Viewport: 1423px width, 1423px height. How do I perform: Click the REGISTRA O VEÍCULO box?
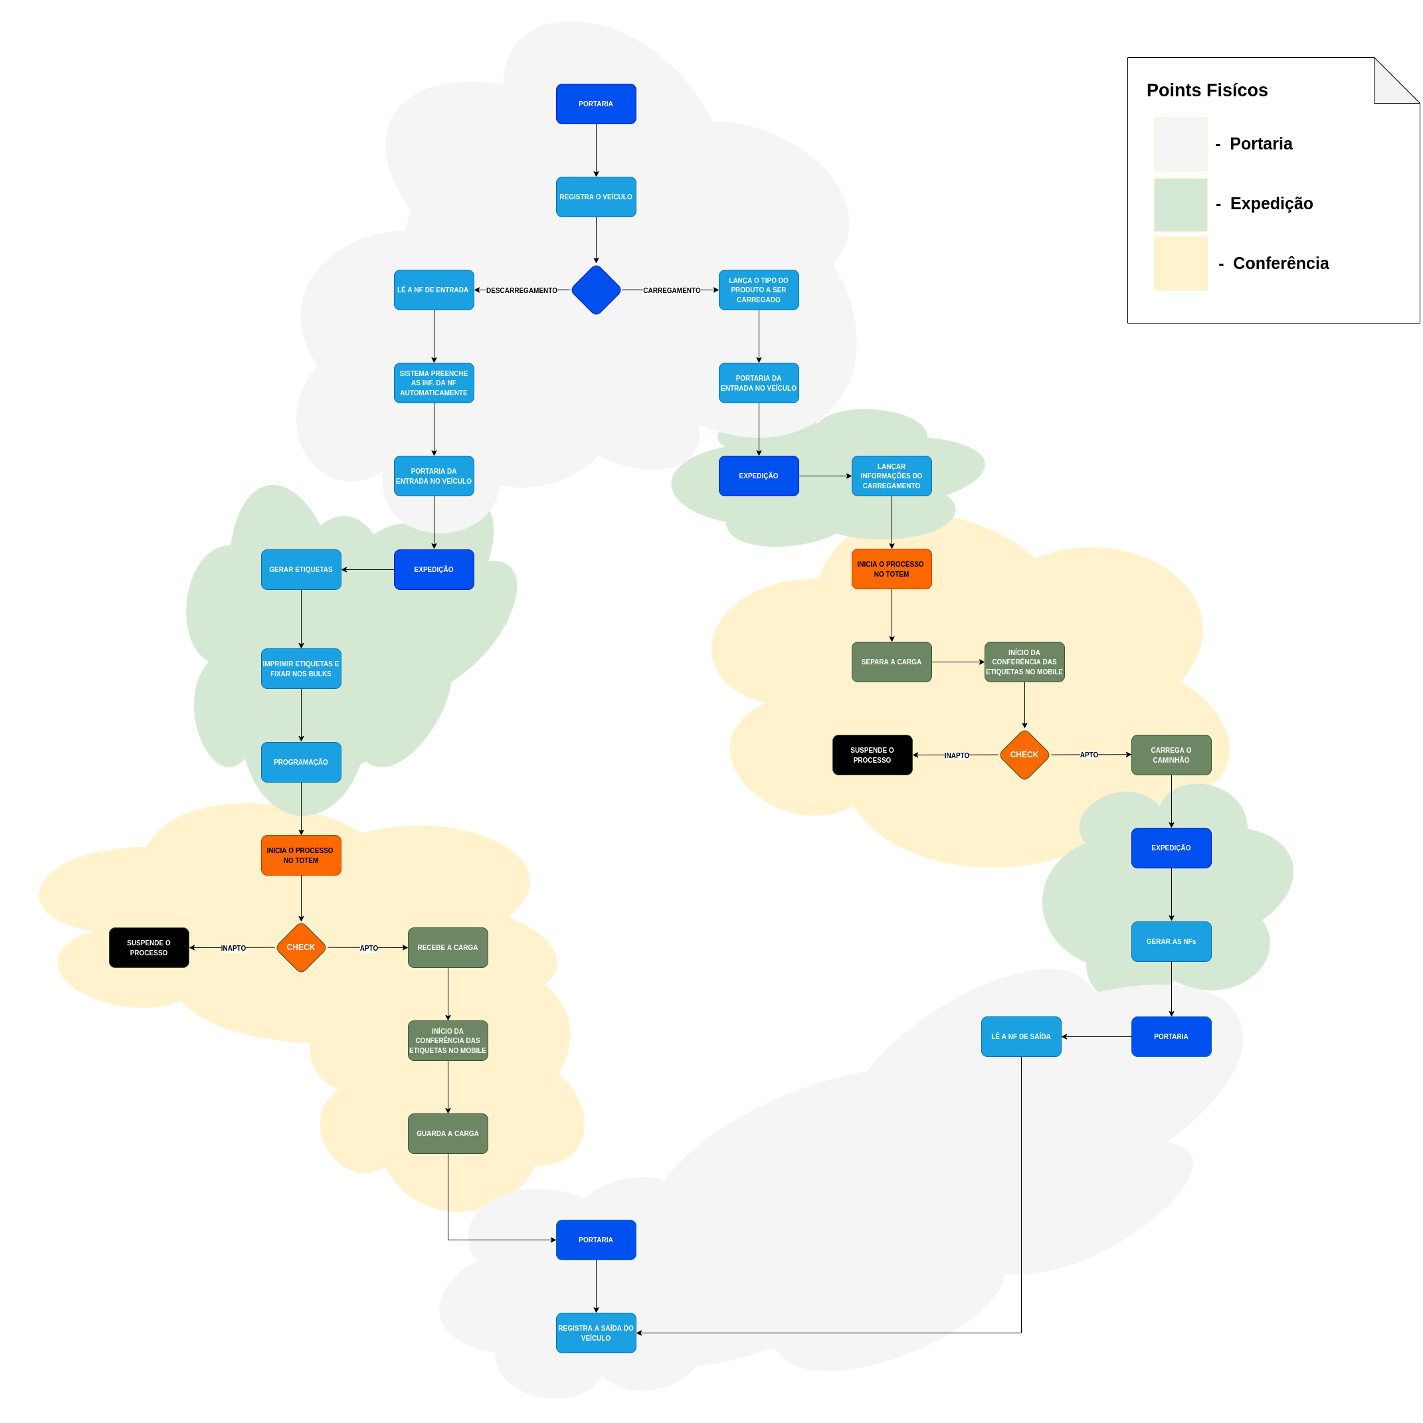[596, 197]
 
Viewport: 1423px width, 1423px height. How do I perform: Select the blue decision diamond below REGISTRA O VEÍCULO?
[596, 290]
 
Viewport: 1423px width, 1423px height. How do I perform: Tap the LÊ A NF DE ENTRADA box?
[434, 290]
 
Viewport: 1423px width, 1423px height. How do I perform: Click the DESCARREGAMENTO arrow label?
[522, 290]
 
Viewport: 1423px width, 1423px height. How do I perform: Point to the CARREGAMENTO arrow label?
[672, 290]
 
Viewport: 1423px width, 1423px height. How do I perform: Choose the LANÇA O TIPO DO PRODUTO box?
[759, 290]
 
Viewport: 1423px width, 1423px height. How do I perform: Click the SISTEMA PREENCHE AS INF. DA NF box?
[434, 383]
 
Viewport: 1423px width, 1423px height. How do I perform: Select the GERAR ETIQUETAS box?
[301, 569]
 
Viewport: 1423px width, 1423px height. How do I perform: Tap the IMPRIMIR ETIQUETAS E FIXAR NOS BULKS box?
[301, 669]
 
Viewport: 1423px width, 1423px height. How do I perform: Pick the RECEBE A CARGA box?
[448, 947]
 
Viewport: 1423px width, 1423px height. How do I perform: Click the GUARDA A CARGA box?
[448, 1133]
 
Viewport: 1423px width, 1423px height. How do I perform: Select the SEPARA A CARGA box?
[892, 662]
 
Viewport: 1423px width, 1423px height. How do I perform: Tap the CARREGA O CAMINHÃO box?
[1171, 755]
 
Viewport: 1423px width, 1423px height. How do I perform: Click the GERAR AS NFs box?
[1171, 941]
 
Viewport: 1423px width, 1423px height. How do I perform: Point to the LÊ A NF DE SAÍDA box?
[1021, 1036]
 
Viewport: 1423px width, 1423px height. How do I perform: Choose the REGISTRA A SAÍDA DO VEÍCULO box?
[596, 1333]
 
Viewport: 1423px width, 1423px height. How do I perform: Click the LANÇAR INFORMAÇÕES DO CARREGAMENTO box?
[892, 476]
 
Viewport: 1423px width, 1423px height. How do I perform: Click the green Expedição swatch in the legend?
[1181, 205]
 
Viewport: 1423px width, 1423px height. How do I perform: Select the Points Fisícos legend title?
[1207, 90]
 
